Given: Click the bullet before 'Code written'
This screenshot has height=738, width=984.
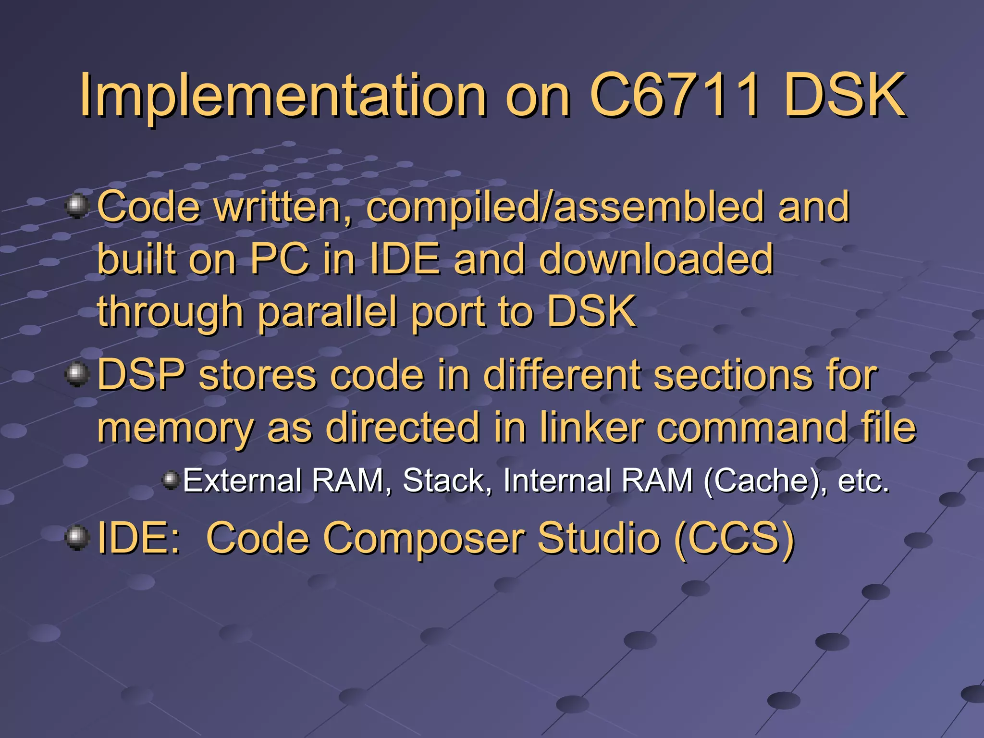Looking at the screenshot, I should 77,206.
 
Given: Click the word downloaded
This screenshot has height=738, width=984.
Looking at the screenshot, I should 656,259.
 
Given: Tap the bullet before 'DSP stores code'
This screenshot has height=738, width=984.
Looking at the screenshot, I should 77,375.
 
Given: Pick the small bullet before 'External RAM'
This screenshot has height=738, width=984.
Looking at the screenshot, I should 171,480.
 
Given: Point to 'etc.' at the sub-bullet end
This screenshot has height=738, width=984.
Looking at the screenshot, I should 863,480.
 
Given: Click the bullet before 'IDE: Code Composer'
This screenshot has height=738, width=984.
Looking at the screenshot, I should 77,538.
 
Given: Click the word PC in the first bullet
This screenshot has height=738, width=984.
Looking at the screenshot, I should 280,259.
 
